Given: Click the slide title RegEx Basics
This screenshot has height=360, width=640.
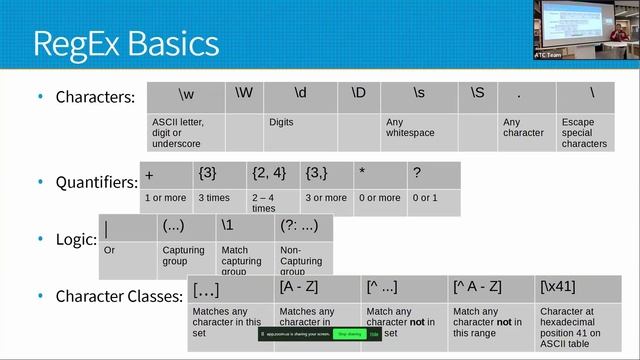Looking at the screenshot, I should point(125,44).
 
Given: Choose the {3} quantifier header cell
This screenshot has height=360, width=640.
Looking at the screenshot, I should point(220,173).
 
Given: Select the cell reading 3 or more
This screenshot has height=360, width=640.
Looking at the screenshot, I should point(326,198).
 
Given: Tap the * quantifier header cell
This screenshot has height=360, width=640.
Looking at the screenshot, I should point(380,173).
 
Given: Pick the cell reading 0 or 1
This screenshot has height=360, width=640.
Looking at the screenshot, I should point(433,198).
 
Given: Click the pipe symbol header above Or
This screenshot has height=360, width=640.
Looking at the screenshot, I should point(128,228).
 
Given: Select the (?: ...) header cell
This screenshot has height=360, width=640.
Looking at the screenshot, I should point(304,228).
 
